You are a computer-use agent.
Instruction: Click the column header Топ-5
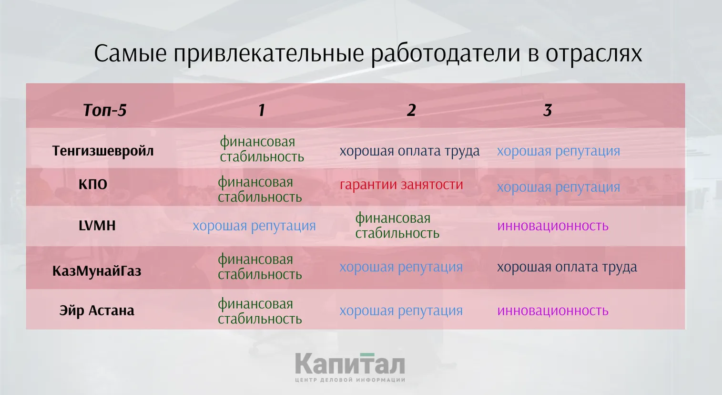click(x=104, y=110)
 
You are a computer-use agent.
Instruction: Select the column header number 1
click(x=261, y=110)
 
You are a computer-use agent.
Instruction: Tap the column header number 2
click(x=411, y=110)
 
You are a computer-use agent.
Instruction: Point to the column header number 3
click(x=547, y=110)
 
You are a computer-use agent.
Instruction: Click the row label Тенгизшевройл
click(x=102, y=151)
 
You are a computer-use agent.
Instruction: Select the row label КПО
click(x=93, y=184)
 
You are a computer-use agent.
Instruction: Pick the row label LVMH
click(x=97, y=225)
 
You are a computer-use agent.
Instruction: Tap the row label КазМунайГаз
click(x=97, y=271)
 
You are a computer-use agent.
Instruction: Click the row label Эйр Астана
click(x=97, y=310)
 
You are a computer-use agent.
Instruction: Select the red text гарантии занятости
click(x=401, y=184)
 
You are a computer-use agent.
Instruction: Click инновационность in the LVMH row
click(x=553, y=225)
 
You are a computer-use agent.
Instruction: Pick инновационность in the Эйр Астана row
click(x=553, y=310)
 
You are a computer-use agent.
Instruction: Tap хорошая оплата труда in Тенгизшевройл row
click(x=409, y=151)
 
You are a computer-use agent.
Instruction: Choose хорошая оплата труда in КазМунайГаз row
click(x=567, y=267)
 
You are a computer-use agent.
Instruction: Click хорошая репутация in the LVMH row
click(x=254, y=225)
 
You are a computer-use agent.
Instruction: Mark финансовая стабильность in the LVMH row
click(x=397, y=225)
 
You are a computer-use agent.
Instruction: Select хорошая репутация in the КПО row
click(x=559, y=187)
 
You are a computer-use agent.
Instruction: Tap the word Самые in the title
click(x=130, y=53)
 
